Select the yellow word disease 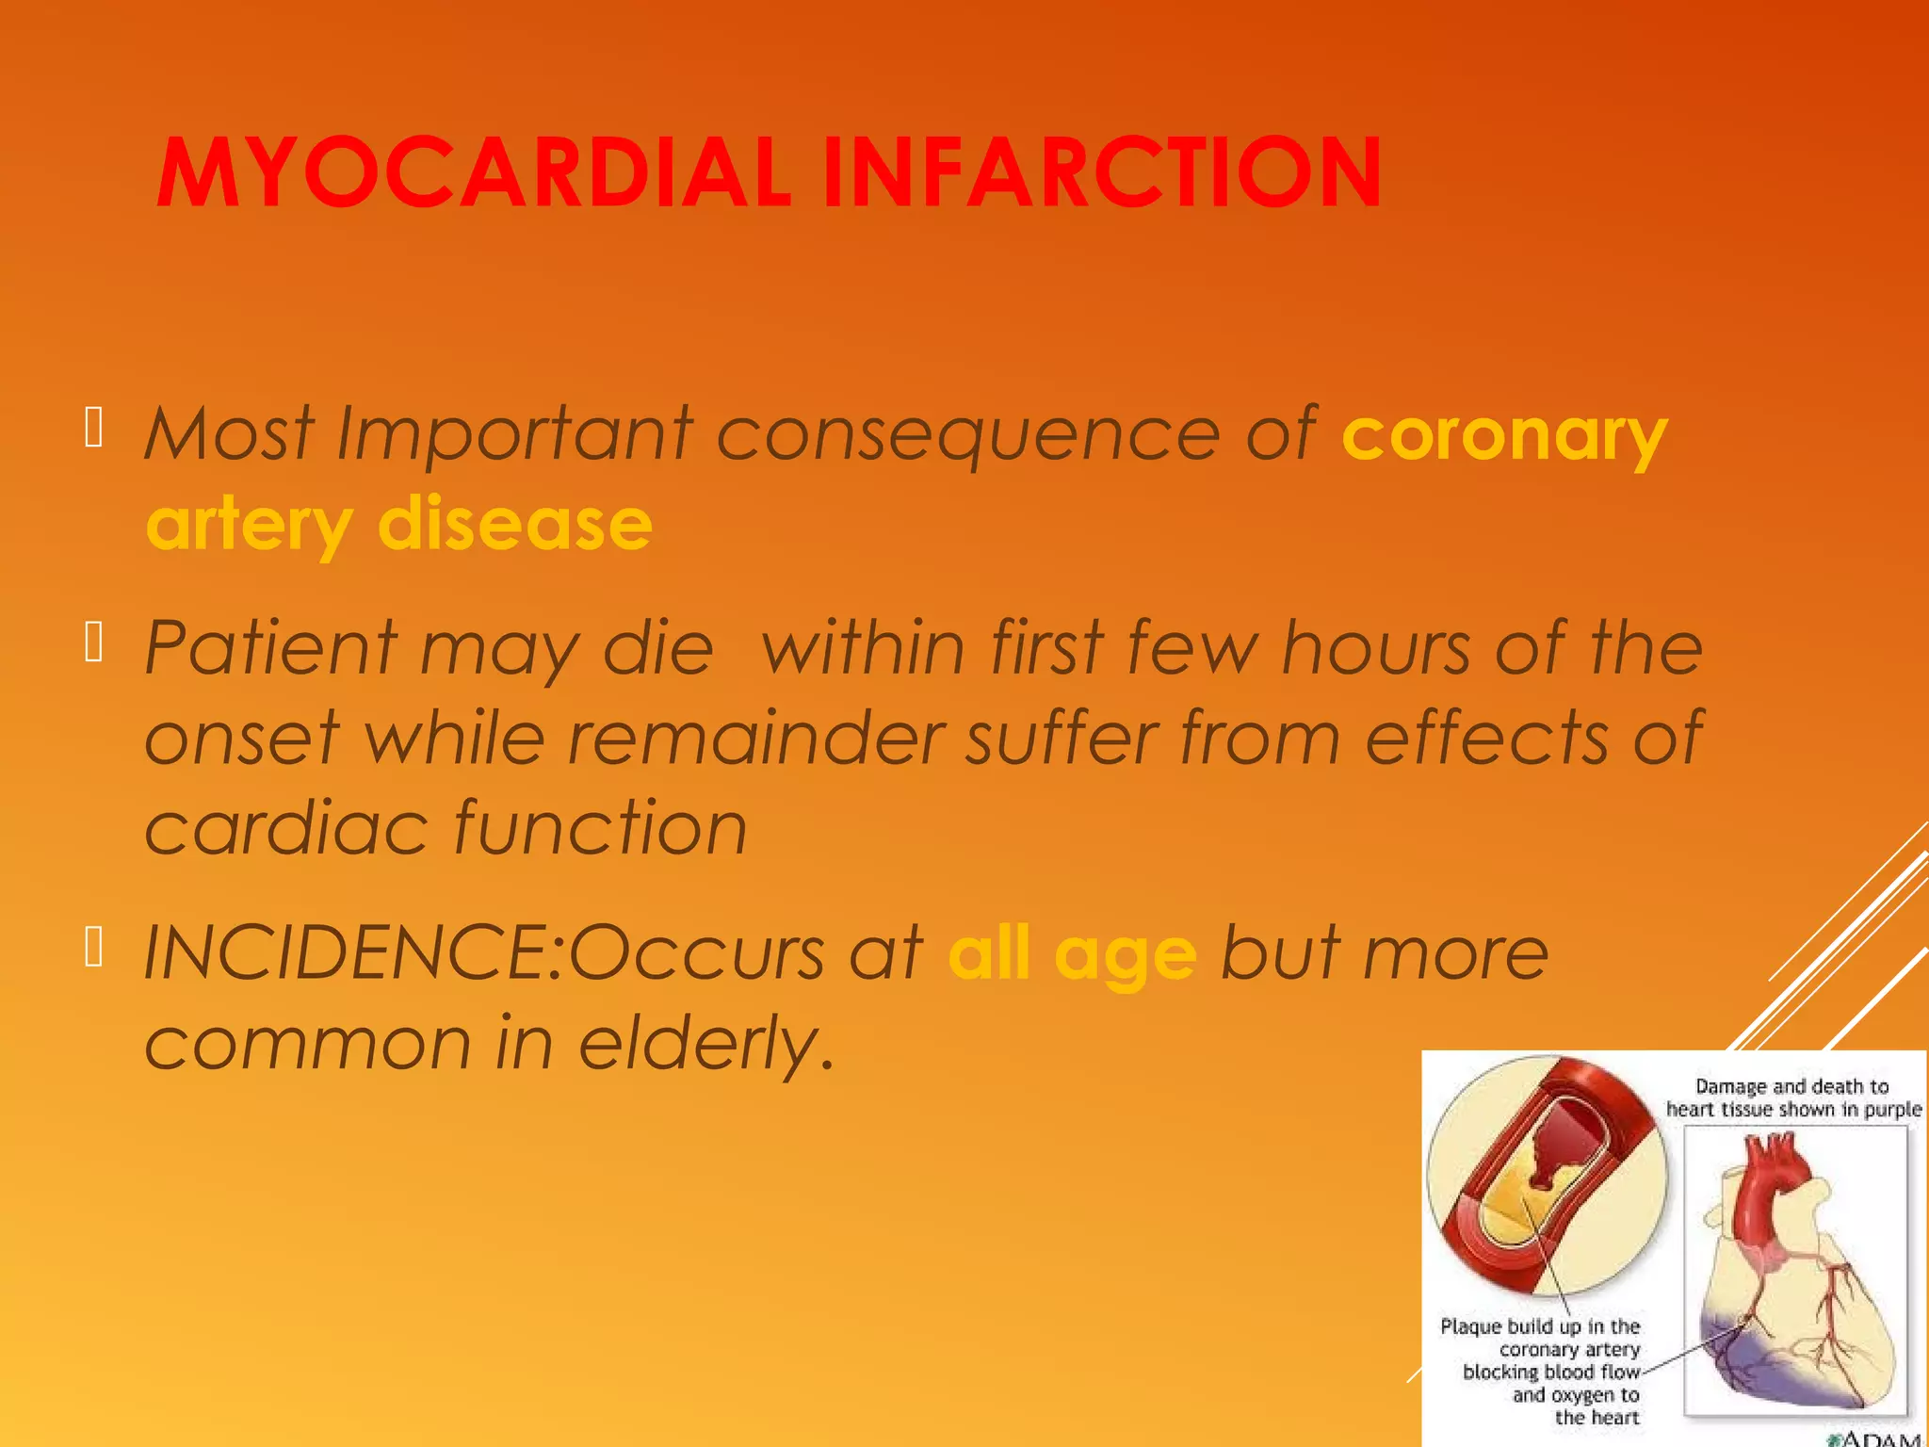514,524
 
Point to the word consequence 968,435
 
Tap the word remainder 756,738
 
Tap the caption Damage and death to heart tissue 1792,1098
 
